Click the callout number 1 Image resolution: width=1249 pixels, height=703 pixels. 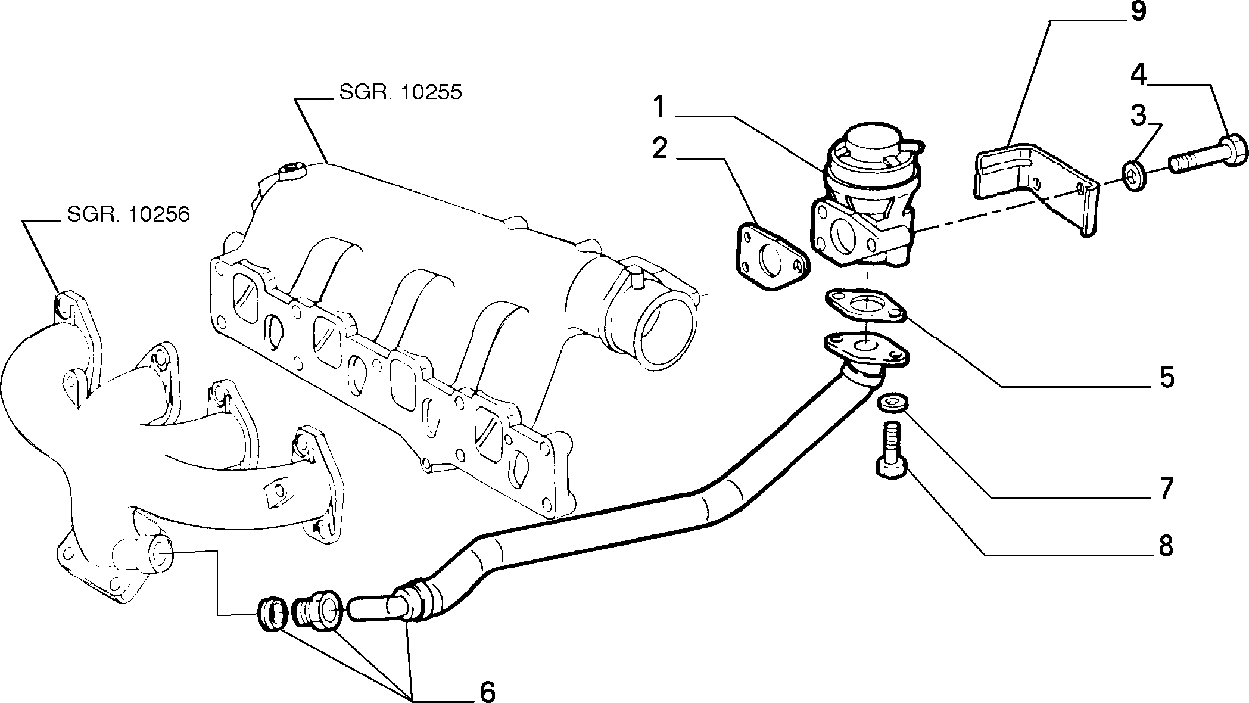click(x=658, y=108)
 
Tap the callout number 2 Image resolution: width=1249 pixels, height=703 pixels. click(x=660, y=149)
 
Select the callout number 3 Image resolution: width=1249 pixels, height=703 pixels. click(x=1138, y=115)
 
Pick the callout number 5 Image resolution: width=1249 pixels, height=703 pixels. click(x=1166, y=377)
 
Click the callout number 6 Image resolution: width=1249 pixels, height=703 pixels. click(x=487, y=692)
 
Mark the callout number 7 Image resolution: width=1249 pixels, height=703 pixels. click(x=1166, y=489)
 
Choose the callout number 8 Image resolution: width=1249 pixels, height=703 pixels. click(x=1166, y=545)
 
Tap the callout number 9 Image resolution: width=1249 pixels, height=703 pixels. click(x=1138, y=12)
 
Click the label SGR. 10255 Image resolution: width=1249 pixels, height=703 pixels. click(x=401, y=92)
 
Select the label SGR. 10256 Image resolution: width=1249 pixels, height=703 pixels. click(x=128, y=214)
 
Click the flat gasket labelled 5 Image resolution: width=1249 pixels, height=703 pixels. click(x=865, y=306)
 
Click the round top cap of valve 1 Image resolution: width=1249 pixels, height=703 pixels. click(x=872, y=138)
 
